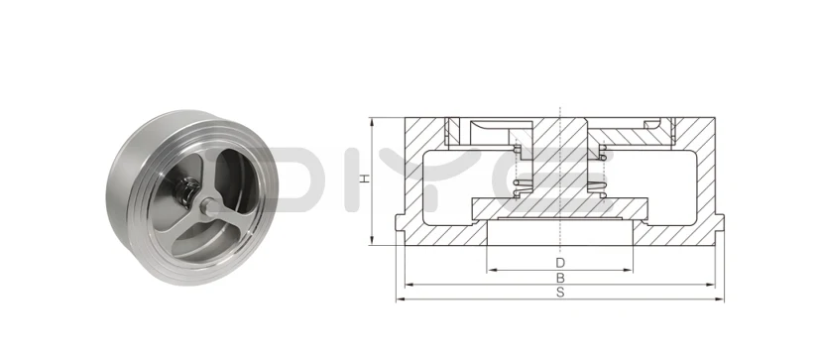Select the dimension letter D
(x=560, y=261)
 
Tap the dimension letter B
(x=560, y=278)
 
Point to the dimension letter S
(x=560, y=294)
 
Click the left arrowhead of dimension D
(x=490, y=269)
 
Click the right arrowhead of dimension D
(x=632, y=269)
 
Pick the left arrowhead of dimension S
(x=401, y=299)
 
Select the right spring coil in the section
(x=599, y=174)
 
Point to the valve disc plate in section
(x=560, y=207)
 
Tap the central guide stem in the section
(x=560, y=159)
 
